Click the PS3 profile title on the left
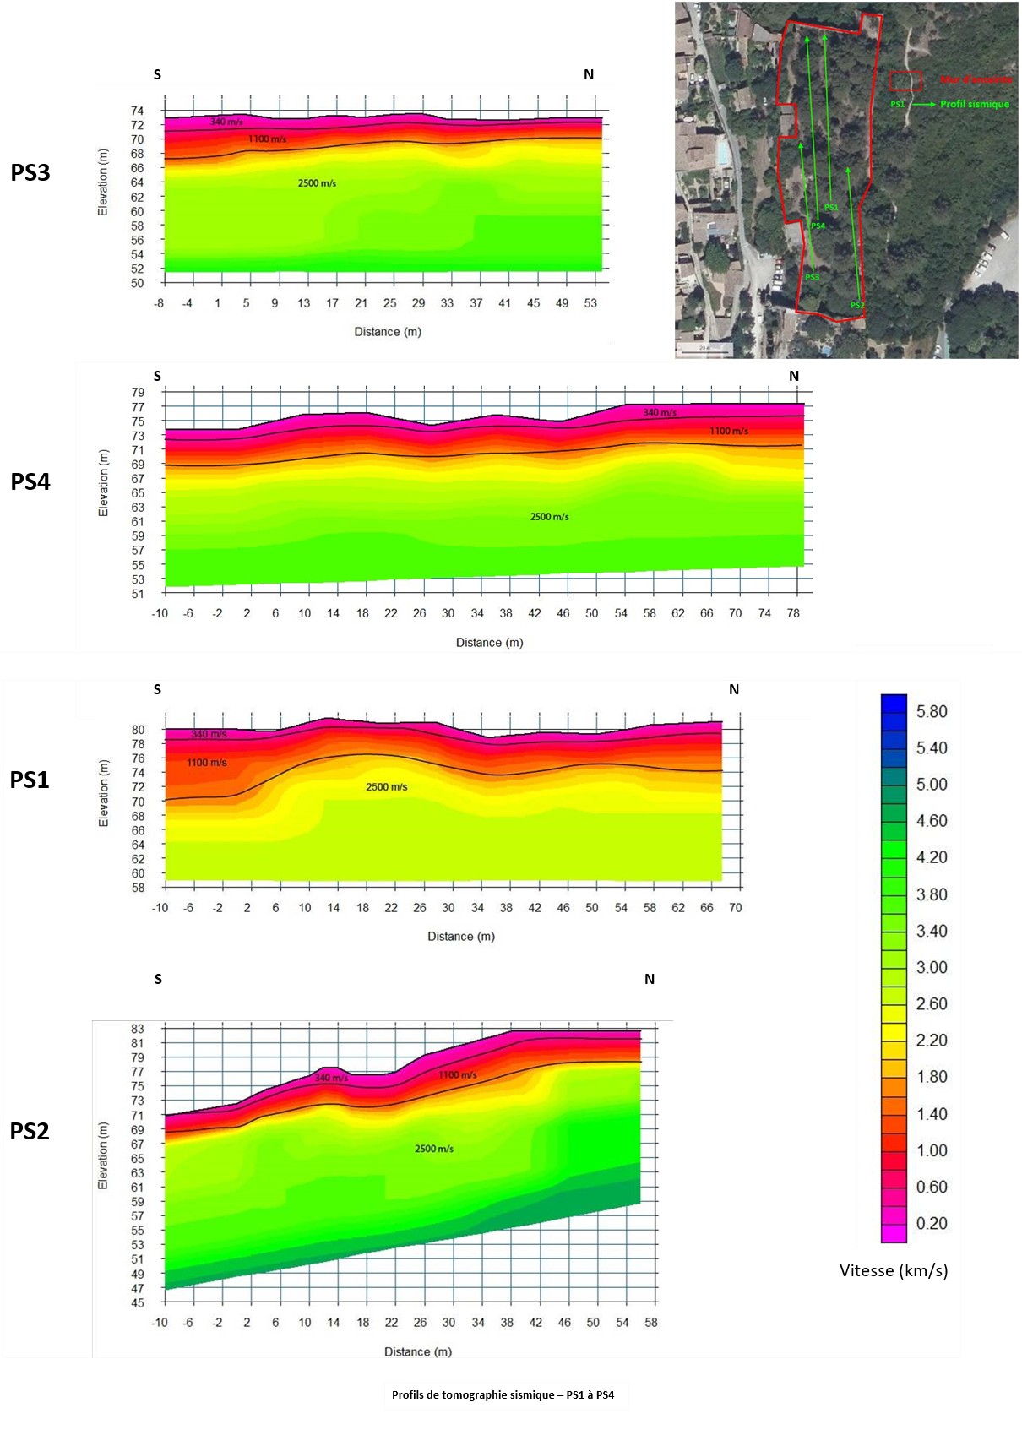(x=30, y=172)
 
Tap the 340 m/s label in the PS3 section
(x=226, y=122)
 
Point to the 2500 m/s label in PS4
(x=549, y=517)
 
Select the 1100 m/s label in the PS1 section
(x=207, y=763)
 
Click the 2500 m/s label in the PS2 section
(x=434, y=1149)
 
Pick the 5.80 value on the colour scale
(x=932, y=712)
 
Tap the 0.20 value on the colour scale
(x=932, y=1223)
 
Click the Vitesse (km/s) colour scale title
(x=894, y=1270)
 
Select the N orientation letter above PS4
(x=794, y=377)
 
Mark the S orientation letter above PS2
(x=158, y=980)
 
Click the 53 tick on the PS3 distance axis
(x=590, y=303)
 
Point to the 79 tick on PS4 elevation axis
(x=138, y=392)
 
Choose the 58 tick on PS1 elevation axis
(x=138, y=888)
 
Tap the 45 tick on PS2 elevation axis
(x=138, y=1302)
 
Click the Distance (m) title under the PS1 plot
(x=461, y=936)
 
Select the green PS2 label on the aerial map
(x=857, y=306)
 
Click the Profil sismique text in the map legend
(x=975, y=104)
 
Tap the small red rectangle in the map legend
(x=905, y=81)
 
